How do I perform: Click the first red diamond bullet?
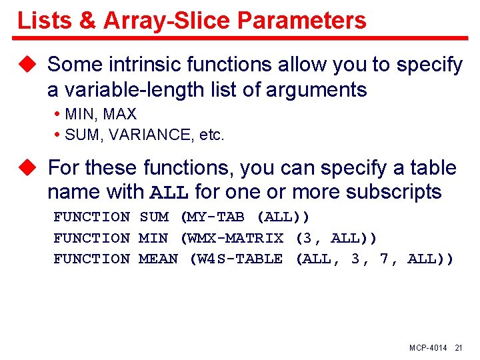tap(27, 65)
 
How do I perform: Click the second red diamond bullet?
tap(27, 167)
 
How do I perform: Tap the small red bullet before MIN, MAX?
tap(58, 115)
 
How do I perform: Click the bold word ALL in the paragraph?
tap(170, 193)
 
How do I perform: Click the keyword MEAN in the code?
tap(159, 259)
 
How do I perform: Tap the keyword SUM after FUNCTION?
tap(154, 217)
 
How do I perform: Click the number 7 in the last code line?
tap(385, 259)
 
